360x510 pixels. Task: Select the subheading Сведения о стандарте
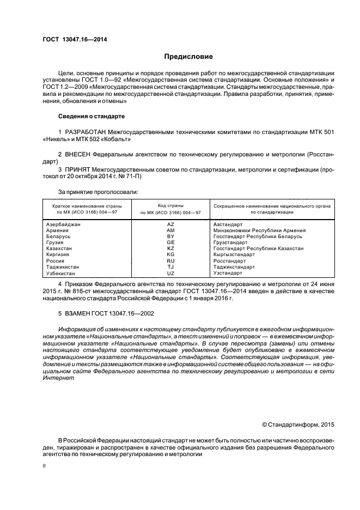pos(91,117)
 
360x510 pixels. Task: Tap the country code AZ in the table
pos(170,224)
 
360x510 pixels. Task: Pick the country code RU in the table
pos(170,261)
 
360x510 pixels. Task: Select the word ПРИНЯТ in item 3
pos(79,170)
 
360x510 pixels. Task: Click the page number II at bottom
pos(44,466)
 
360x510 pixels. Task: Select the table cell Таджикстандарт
pos(234,267)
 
